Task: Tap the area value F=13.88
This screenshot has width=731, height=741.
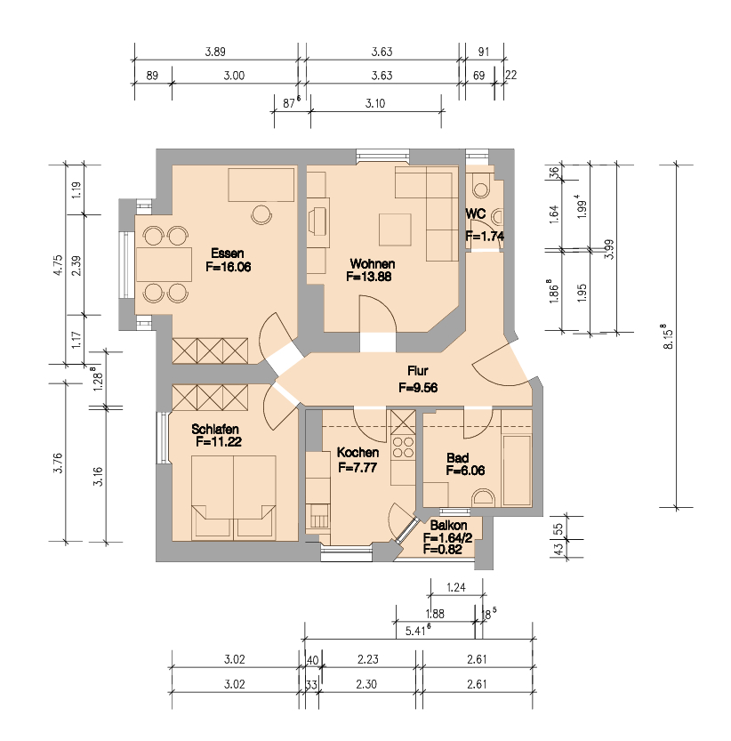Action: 370,277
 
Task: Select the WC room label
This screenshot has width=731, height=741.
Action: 475,214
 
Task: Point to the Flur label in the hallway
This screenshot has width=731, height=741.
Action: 419,372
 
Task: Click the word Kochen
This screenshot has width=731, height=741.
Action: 358,453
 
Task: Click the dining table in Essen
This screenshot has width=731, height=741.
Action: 165,264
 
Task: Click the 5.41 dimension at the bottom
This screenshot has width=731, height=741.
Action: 418,631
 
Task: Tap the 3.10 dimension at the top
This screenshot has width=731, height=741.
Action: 374,104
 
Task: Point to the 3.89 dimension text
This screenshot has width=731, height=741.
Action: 214,52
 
